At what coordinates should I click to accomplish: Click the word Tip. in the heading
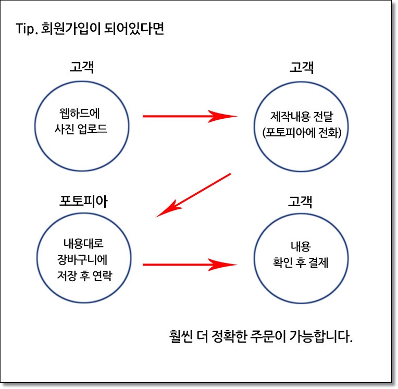27,29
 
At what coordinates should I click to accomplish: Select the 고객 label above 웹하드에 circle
82,67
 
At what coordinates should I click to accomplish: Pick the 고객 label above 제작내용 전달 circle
302,67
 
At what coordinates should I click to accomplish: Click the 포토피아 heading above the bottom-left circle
83,201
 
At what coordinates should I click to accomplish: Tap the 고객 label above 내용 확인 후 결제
300,202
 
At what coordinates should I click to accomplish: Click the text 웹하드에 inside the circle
80,113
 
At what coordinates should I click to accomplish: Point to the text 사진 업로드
81,129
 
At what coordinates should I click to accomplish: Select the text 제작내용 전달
302,117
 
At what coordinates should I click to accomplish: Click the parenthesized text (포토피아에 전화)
302,132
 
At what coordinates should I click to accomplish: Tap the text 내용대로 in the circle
83,243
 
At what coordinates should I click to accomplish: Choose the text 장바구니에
82,259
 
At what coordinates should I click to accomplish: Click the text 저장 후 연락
84,275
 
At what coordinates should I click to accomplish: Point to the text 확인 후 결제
301,262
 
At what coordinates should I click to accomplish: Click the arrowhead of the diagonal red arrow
156,217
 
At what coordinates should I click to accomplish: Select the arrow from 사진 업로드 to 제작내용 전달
190,116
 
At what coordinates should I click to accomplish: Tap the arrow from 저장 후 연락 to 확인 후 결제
190,265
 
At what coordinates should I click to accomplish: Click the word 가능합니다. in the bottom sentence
321,336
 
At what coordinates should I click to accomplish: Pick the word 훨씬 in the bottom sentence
181,336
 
